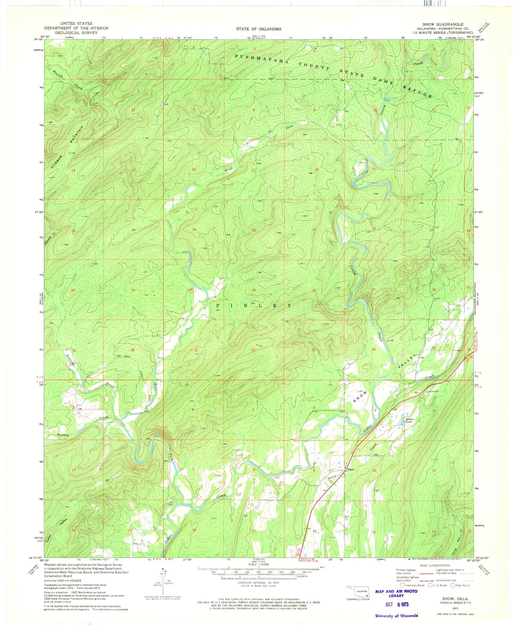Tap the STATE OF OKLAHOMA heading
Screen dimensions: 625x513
coord(259,29)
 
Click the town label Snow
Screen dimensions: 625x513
coord(351,469)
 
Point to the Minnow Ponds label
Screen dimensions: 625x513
coord(410,421)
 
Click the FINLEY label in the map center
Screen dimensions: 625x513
coord(254,305)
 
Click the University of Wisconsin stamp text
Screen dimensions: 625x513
coord(396,615)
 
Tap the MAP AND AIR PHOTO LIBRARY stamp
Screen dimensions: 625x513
coord(396,593)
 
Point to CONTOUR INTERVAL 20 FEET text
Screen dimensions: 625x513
coord(258,583)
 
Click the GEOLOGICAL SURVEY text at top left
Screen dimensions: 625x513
coord(76,33)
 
